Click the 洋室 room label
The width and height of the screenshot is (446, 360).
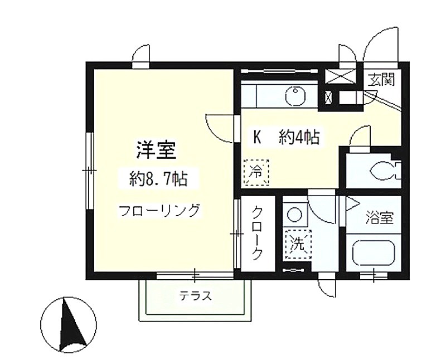156,149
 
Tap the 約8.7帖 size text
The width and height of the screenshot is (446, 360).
158,179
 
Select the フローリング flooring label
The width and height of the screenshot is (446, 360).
159,211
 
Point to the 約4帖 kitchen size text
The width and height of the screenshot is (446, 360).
299,137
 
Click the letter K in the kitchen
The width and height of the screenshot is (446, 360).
258,137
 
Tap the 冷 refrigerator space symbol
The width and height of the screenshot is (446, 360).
256,172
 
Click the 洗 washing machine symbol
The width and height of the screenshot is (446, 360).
299,244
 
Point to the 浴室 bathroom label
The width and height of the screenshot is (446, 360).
380,217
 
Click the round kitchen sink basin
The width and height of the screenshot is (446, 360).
295,96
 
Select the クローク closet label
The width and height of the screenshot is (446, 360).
257,232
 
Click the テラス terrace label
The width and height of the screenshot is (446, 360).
196,296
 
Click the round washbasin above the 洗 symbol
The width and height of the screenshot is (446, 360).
294,214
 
